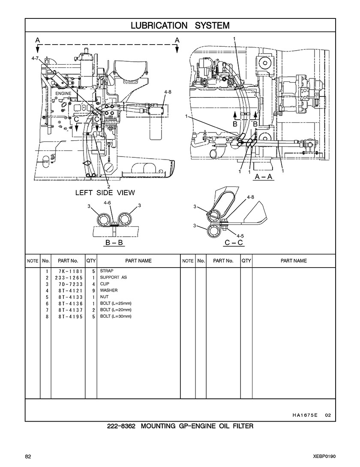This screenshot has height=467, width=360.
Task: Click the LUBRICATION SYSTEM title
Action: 180,25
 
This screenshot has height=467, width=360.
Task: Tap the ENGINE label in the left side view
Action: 63,93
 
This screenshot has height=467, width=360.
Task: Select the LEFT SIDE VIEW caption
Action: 105,193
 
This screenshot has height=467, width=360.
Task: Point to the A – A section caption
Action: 264,177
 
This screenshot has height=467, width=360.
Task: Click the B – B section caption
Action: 114,243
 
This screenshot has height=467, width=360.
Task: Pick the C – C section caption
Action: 234,243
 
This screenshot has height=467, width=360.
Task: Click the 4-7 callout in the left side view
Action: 35,58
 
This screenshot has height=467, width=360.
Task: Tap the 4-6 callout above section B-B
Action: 107,202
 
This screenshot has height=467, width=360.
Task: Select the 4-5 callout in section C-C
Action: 240,236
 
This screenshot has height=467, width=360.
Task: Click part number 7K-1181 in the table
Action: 70,271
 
